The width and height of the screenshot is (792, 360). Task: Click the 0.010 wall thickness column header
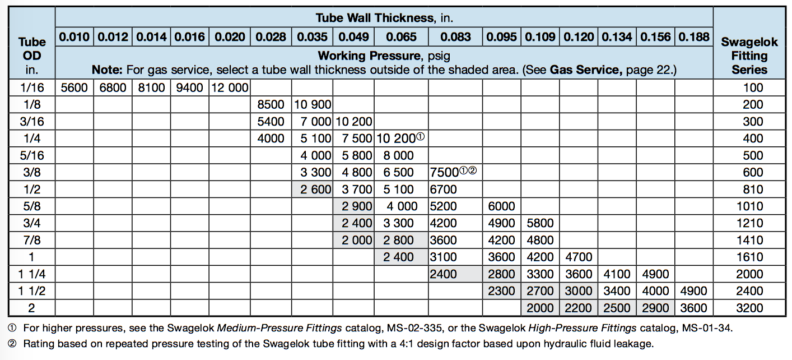(x=75, y=37)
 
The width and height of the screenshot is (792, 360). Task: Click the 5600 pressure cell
(x=75, y=89)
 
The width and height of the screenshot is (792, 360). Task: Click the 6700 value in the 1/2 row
(x=443, y=189)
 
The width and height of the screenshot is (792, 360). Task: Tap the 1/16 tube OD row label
(x=27, y=89)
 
